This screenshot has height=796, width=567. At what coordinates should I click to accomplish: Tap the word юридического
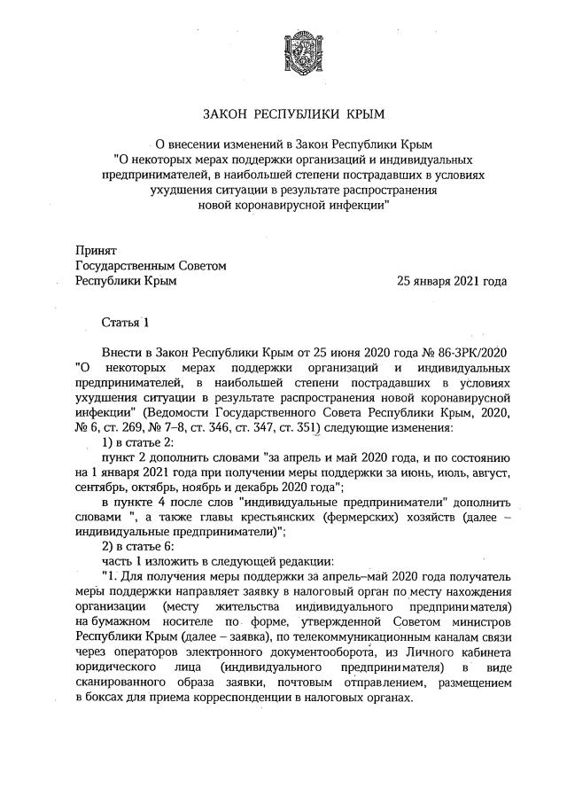(117, 667)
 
